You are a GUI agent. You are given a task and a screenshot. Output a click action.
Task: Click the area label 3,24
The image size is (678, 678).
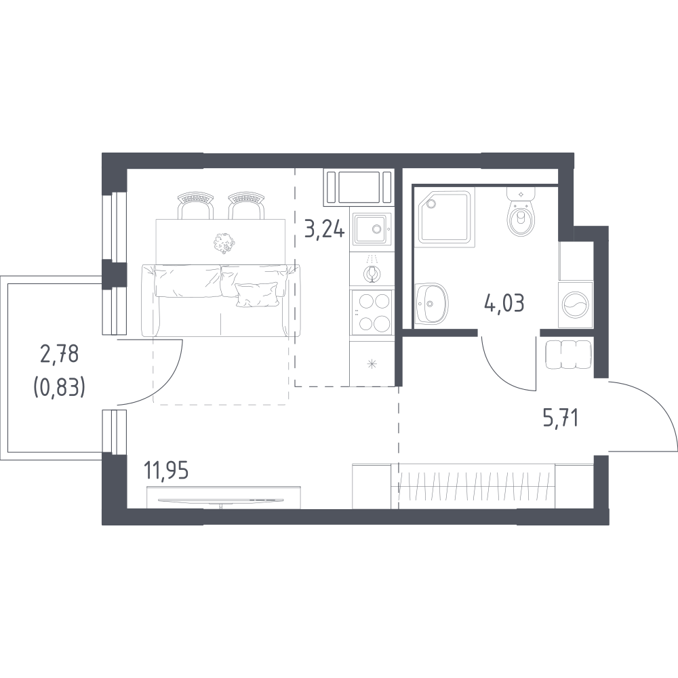(x=325, y=229)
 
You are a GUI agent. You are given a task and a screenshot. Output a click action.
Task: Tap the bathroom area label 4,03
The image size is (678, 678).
(x=504, y=303)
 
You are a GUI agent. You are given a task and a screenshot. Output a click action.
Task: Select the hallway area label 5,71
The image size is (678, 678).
(x=561, y=418)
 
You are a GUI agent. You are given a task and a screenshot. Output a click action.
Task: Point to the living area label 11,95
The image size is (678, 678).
(x=167, y=471)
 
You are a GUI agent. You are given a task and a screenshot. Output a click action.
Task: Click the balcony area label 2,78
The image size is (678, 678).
(x=59, y=355)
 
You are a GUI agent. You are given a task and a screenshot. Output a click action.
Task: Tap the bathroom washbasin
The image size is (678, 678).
(x=431, y=303)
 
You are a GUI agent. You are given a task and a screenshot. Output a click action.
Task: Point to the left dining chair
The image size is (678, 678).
(x=196, y=205)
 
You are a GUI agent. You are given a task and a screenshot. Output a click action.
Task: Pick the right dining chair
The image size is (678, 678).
(x=247, y=205)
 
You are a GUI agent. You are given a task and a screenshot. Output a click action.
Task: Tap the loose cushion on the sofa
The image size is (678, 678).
(x=257, y=294)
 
